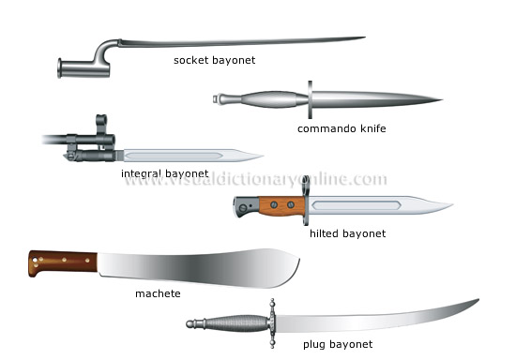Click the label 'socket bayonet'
click(x=215, y=60)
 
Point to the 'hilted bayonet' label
click(x=346, y=232)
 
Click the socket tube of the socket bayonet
click(x=76, y=67)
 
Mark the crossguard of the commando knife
click(x=310, y=98)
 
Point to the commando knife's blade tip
click(x=442, y=99)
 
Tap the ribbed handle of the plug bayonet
click(x=235, y=322)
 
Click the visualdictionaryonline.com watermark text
click(x=255, y=180)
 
